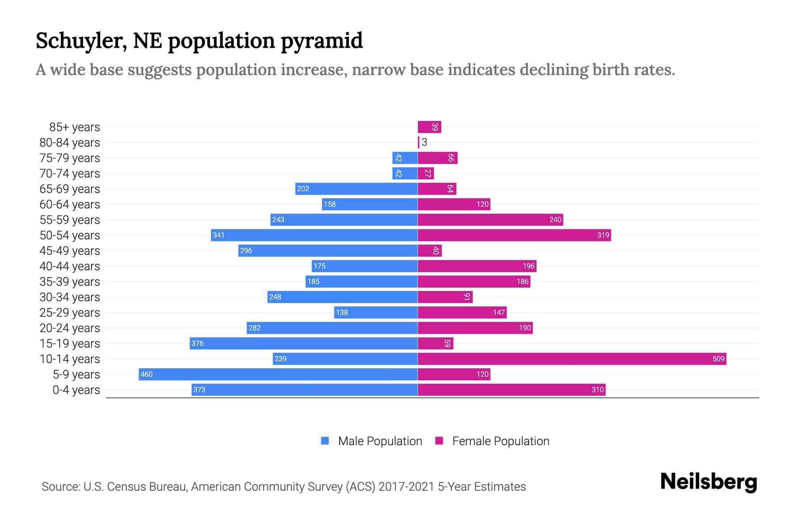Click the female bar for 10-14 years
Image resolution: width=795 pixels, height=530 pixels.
pyautogui.click(x=572, y=359)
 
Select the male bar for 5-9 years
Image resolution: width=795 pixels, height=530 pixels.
pyautogui.click(x=278, y=374)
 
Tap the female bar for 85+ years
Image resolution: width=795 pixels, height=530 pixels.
pyautogui.click(x=429, y=127)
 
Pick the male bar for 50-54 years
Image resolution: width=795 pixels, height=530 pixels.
pyautogui.click(x=314, y=235)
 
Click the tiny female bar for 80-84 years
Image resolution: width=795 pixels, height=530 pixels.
pyautogui.click(x=419, y=142)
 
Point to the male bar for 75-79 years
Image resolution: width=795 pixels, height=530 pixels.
pyautogui.click(x=405, y=158)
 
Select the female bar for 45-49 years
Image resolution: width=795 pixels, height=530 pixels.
pyautogui.click(x=429, y=250)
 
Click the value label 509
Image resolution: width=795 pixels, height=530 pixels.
pyautogui.click(x=718, y=359)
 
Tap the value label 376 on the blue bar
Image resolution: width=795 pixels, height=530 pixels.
pyautogui.click(x=197, y=343)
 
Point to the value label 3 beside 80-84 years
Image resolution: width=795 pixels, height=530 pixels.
pyautogui.click(x=424, y=142)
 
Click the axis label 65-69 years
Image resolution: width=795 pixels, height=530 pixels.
pyautogui.click(x=70, y=189)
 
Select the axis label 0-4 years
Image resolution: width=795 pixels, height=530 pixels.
pyautogui.click(x=76, y=390)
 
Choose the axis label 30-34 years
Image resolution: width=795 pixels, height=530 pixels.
pyautogui.click(x=70, y=297)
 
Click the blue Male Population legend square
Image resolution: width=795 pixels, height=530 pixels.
pyautogui.click(x=325, y=441)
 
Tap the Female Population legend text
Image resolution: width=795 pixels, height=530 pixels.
pyautogui.click(x=500, y=441)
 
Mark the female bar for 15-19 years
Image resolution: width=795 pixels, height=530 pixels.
pyautogui.click(x=435, y=343)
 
